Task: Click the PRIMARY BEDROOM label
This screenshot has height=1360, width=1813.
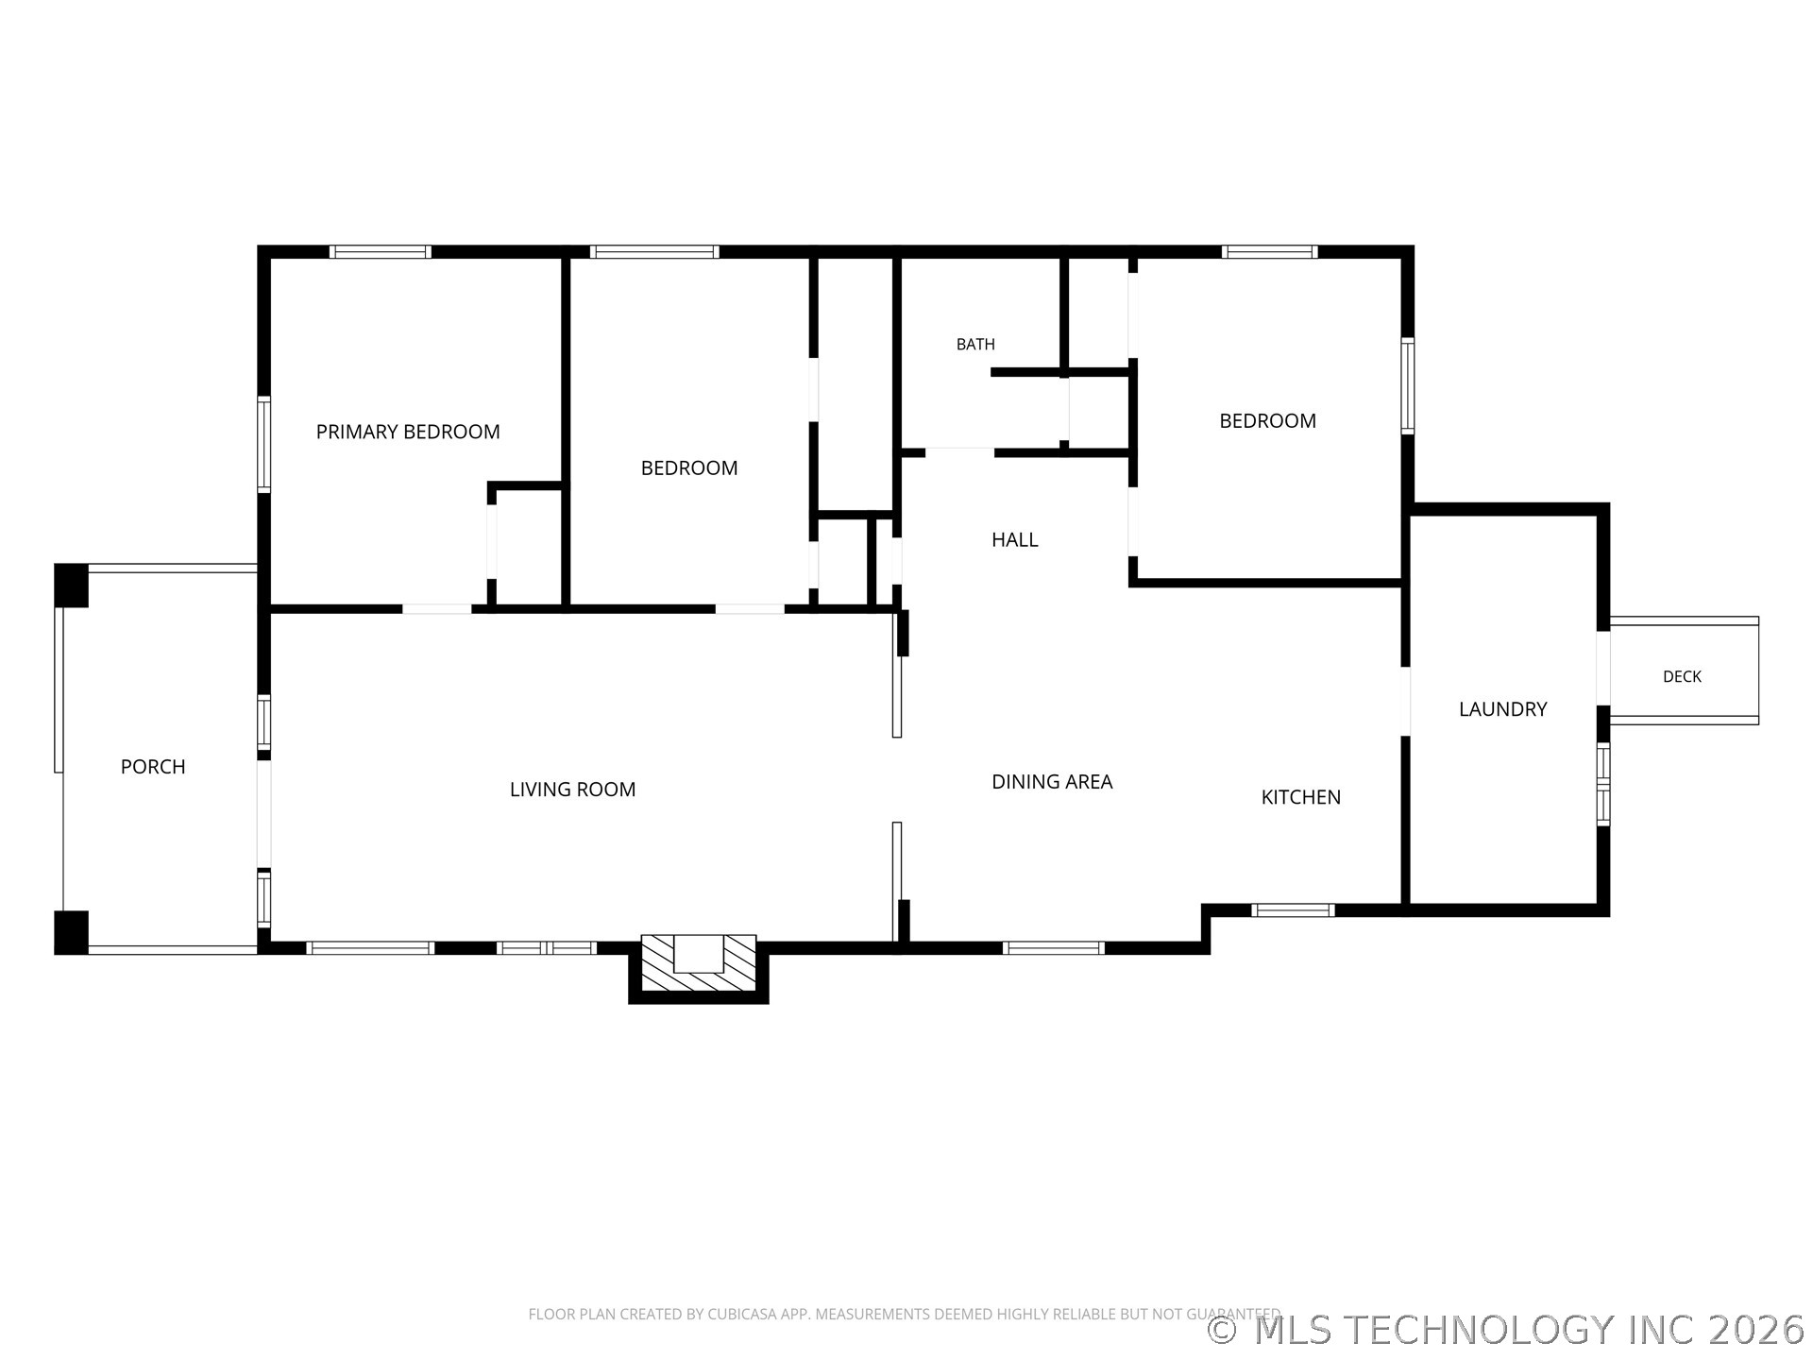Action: point(408,432)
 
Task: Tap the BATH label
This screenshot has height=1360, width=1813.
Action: point(975,345)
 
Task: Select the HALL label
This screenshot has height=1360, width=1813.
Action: point(1015,539)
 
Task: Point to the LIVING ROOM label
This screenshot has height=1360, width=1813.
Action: point(572,790)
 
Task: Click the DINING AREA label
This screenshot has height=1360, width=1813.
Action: point(1052,781)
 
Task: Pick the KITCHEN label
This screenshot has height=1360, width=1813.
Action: point(1301,797)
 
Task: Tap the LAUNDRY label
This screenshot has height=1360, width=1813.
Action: point(1503,709)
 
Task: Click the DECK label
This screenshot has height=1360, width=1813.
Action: point(1682,676)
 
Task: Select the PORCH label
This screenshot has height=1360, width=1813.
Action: point(153,767)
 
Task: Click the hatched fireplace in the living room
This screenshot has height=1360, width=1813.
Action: point(699,963)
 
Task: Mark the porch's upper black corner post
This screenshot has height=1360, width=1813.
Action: point(71,586)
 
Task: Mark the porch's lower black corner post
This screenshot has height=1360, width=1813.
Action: point(71,932)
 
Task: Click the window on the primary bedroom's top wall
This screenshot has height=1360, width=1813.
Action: point(381,252)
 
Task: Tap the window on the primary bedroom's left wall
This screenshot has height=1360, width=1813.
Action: point(264,444)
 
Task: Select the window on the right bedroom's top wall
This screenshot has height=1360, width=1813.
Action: point(1269,252)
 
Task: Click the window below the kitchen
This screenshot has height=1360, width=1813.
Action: point(1293,910)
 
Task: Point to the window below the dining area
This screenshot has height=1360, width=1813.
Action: point(1054,948)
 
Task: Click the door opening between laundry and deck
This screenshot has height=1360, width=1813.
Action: point(1602,668)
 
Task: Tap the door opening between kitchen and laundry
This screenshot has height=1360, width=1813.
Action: point(1405,701)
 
